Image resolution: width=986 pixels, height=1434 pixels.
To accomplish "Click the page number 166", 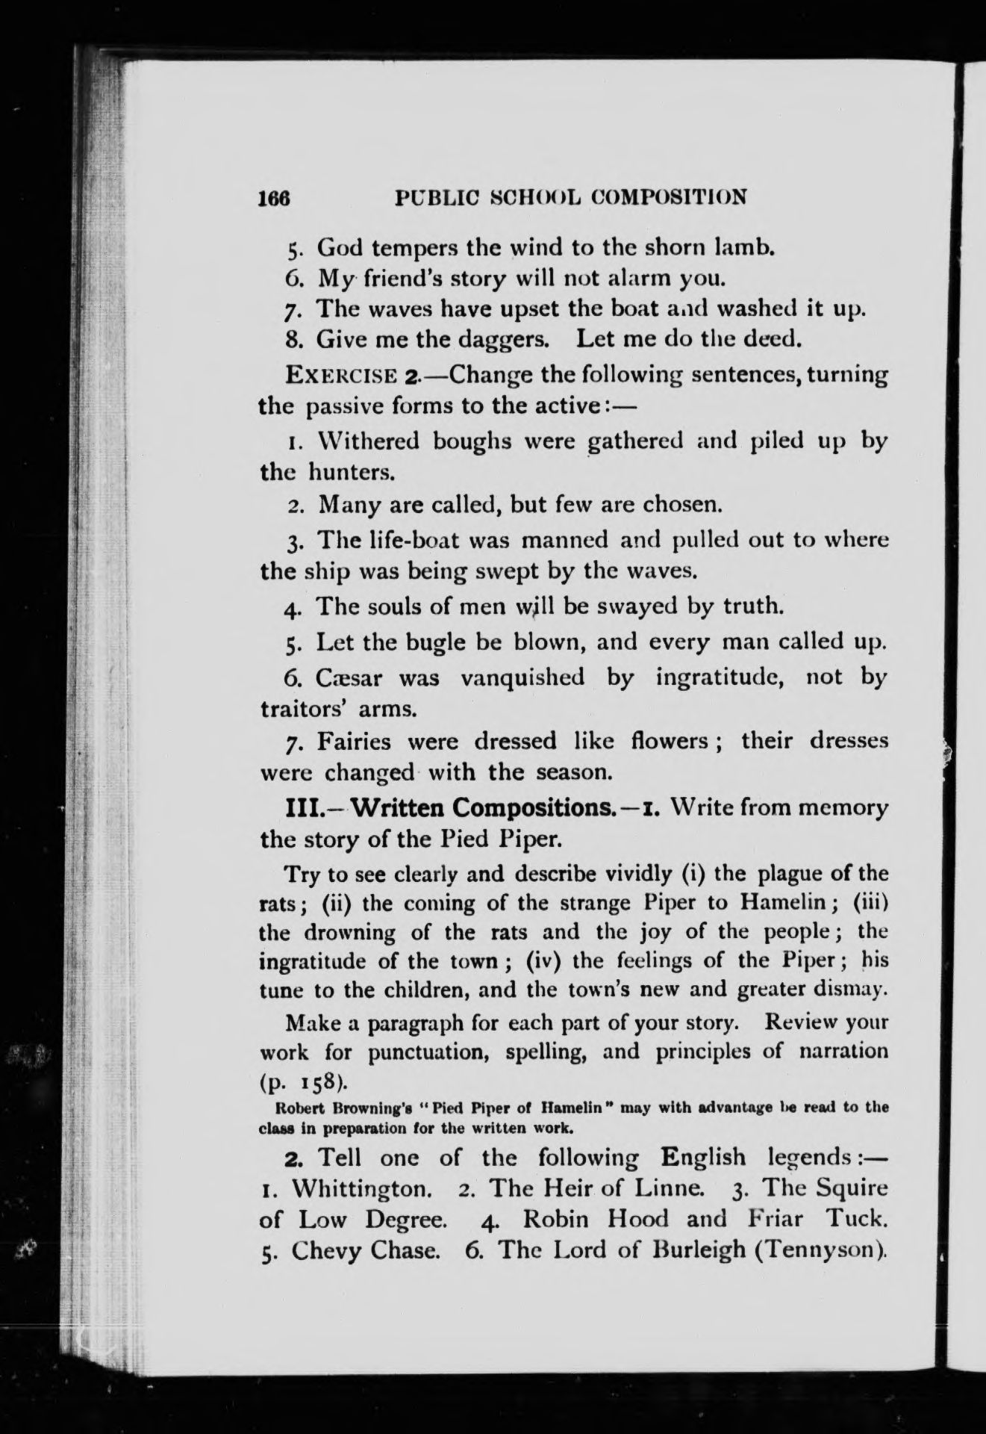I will point(273,197).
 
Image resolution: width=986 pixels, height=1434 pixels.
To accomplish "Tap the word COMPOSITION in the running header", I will point(670,196).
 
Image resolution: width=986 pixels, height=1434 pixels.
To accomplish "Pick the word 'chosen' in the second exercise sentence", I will point(679,505).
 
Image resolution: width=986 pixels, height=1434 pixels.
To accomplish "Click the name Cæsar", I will point(351,677).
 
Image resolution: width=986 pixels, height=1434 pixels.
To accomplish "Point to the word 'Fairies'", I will point(354,741).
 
